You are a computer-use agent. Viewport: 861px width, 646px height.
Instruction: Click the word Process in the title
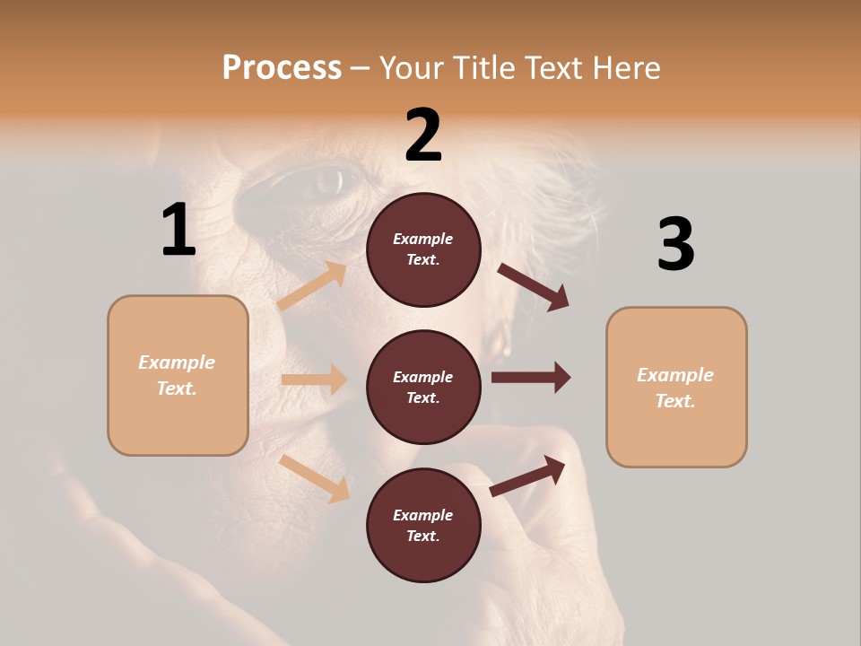coord(282,68)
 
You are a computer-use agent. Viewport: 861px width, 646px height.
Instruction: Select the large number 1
coord(178,231)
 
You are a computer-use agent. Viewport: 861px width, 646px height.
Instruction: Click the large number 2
coord(423,135)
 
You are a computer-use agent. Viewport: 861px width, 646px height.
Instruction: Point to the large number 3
coord(675,244)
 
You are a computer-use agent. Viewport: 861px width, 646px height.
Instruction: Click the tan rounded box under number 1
coord(178,375)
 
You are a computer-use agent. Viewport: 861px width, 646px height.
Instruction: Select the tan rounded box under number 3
coord(676,388)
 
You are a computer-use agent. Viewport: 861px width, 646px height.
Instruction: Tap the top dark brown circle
coord(423,249)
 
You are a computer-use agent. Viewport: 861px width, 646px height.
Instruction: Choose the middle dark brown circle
coord(423,387)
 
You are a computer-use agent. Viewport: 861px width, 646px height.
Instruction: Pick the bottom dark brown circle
coord(423,525)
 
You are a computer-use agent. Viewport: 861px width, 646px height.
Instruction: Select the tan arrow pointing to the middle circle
coord(314,380)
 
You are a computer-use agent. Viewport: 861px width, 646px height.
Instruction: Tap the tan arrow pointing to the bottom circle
coord(315,478)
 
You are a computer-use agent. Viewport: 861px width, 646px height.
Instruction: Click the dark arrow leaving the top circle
coord(533,286)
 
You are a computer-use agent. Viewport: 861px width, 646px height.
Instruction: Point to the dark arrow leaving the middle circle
coord(530,377)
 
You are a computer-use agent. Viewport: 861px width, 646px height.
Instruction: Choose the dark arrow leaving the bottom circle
coord(527,476)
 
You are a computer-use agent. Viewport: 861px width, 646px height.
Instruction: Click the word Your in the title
coord(413,68)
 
